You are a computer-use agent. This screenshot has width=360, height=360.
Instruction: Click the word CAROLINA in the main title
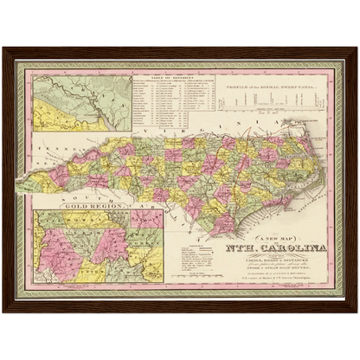[298, 248]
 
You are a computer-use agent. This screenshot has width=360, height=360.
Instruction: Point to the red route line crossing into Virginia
[250, 130]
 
